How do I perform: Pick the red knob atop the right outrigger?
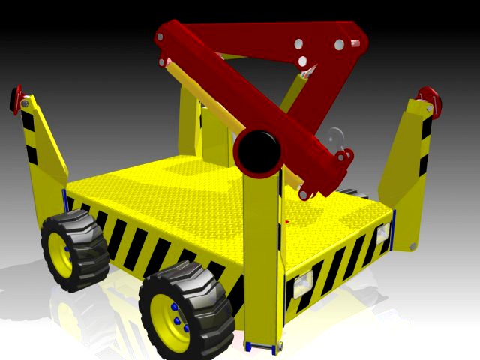[x=428, y=96]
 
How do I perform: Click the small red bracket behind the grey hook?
[x=344, y=157]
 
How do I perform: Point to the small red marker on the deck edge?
[x=288, y=222]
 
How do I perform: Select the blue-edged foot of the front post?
[x=262, y=346]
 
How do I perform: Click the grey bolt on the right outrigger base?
[x=411, y=246]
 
